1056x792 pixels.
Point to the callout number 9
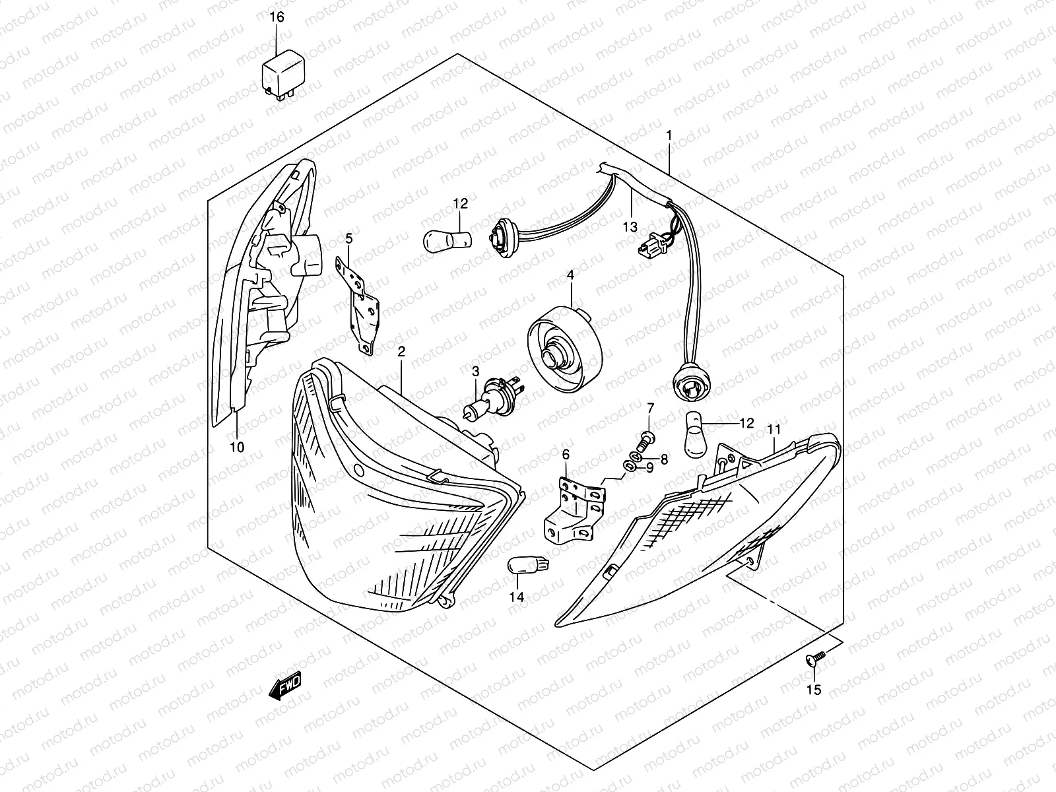[649, 468]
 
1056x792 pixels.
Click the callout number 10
[236, 447]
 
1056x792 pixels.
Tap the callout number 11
[774, 430]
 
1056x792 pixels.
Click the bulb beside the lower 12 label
[696, 436]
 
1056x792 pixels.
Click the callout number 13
[630, 226]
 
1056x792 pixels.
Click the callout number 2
[401, 353]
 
